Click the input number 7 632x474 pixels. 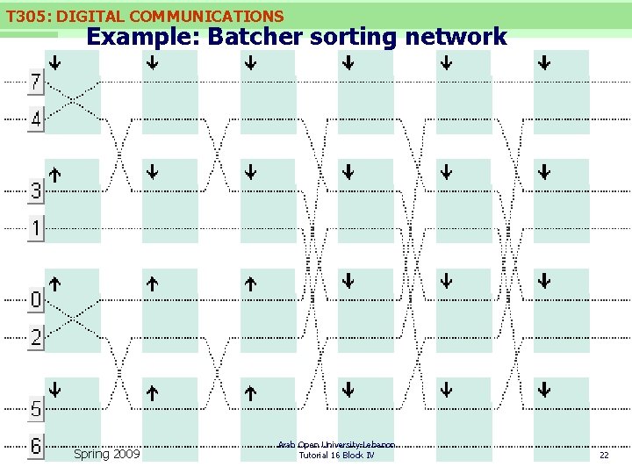pos(36,83)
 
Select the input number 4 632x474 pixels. pos(36,119)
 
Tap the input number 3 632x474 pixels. pos(36,190)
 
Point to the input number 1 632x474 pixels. pos(36,229)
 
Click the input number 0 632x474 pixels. pos(36,300)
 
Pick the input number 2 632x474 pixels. pos(36,338)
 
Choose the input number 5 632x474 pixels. pos(36,408)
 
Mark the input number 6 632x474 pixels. pos(36,446)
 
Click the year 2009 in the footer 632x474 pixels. pos(126,454)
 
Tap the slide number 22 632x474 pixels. pos(603,455)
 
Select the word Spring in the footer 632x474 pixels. pos(92,454)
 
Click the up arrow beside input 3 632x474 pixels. pos(54,174)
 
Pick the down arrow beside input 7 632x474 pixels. pos(54,63)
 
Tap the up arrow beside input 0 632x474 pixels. pos(54,284)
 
